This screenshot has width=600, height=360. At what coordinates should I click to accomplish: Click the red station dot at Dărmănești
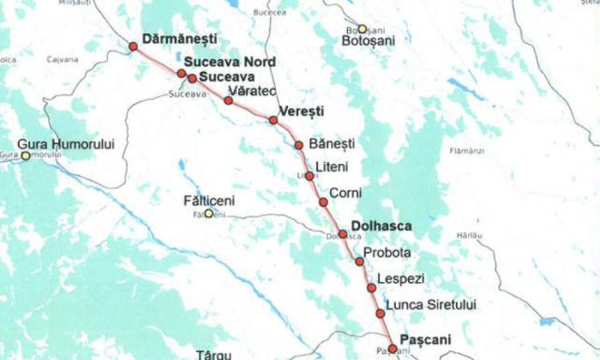click(x=133, y=46)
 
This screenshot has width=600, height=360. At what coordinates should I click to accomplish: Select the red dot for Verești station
click(x=273, y=120)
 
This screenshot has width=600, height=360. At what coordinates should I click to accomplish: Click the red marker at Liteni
click(x=309, y=176)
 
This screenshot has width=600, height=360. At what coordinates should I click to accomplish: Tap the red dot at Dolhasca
click(x=343, y=234)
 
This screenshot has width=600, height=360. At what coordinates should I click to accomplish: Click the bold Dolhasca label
click(x=381, y=226)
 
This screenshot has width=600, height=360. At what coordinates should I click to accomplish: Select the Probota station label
click(x=387, y=254)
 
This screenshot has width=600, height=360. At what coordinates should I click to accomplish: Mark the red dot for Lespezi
click(x=371, y=288)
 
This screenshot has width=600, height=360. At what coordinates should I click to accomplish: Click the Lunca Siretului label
click(x=430, y=304)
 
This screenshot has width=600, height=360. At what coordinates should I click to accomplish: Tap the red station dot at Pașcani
click(x=393, y=348)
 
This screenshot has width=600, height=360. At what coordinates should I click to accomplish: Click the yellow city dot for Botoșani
click(x=363, y=29)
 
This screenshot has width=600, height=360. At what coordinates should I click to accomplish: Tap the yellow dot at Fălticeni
click(x=208, y=213)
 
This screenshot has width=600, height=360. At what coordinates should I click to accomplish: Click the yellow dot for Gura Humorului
click(x=26, y=155)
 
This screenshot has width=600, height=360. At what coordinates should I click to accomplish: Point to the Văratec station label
click(x=249, y=91)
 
